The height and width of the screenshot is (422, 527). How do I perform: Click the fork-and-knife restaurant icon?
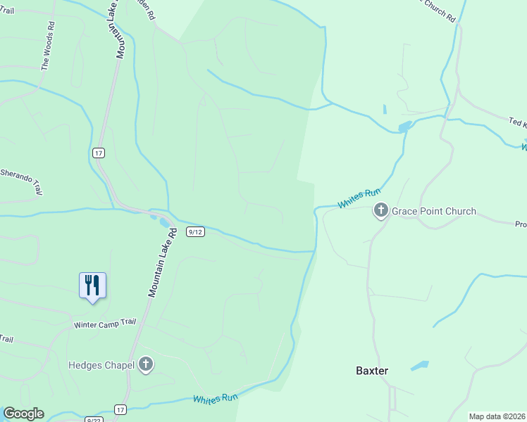(92, 286)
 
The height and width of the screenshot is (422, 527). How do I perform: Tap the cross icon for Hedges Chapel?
(146, 364)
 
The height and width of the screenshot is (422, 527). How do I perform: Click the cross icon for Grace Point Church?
(380, 210)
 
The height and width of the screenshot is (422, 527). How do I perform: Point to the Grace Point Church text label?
(434, 211)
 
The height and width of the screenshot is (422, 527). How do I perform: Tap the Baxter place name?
(372, 370)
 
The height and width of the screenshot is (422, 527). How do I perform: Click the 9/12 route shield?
(196, 232)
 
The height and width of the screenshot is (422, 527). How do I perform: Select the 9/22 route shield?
(92, 419)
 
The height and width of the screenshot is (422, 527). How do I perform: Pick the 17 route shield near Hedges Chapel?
(120, 409)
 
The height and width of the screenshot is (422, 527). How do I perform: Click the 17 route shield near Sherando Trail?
(98, 152)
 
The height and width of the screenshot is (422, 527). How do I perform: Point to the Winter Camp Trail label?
(104, 324)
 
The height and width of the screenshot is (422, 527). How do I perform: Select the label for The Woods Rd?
(48, 46)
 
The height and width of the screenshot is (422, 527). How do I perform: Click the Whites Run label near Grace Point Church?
(359, 198)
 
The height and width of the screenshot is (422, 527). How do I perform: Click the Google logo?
(23, 414)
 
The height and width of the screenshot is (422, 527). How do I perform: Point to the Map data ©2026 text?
(497, 416)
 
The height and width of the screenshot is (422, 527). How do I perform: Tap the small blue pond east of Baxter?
(418, 366)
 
